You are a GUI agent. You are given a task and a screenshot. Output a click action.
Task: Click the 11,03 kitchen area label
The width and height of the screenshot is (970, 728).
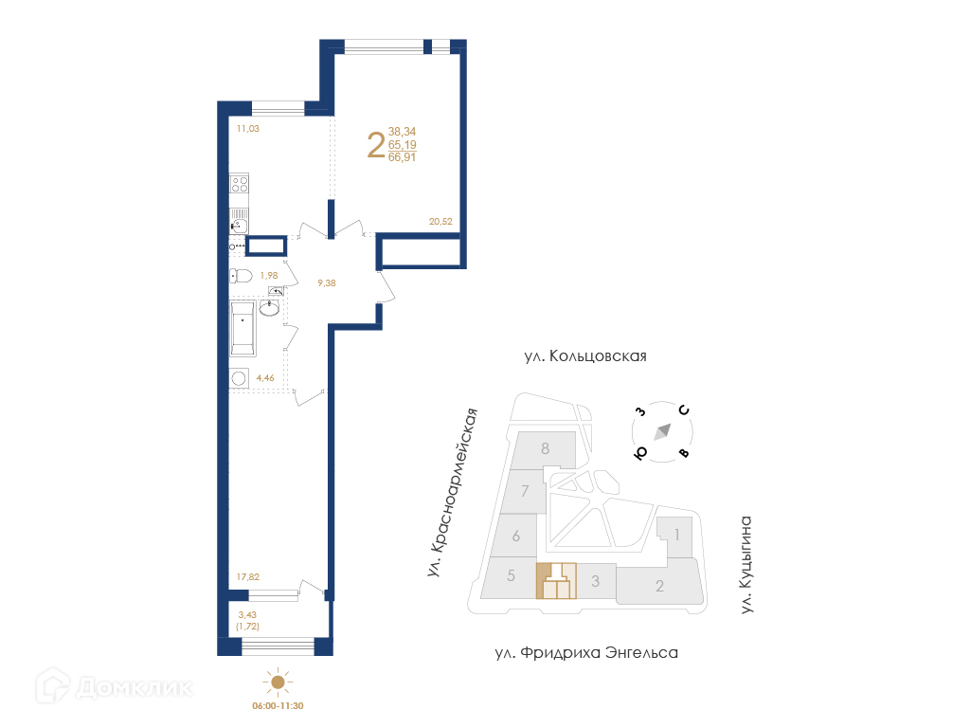coord(248,129)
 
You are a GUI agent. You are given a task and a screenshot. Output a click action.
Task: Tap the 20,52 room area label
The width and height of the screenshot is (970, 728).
coord(440,221)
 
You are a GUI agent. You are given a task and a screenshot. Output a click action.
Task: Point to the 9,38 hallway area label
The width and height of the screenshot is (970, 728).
coord(327,282)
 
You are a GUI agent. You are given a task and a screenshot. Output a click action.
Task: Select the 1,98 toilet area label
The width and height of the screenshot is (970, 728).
coord(268,276)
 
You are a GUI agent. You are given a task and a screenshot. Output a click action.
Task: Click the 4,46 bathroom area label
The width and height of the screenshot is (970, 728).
coord(265,377)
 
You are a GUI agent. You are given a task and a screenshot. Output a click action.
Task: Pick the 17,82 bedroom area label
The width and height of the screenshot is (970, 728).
coord(248,577)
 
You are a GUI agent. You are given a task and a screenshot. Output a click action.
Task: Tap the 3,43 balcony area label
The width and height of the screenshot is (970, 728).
coord(247,614)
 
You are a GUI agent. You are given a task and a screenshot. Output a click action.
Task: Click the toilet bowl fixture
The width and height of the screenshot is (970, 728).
coord(240,276)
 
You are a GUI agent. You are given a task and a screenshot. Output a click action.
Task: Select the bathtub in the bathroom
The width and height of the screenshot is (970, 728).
coord(242,329)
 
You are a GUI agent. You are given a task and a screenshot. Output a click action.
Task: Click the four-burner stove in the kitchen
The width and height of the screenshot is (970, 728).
coord(239,183)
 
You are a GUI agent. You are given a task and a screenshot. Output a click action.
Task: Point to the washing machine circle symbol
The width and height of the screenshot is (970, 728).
coord(238,378)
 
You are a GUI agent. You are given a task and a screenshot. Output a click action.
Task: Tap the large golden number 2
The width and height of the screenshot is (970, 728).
coord(376,145)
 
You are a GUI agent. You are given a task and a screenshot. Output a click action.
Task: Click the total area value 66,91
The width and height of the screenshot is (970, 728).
coord(402,157)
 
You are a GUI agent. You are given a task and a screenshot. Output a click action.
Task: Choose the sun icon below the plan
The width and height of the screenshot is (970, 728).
coord(278,682)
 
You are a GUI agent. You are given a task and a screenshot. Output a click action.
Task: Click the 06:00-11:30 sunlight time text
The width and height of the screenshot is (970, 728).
coord(278,705)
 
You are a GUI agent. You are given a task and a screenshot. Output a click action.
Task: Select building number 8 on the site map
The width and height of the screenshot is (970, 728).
coord(545,448)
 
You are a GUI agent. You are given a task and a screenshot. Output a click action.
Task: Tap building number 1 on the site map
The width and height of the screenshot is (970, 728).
coord(677,535)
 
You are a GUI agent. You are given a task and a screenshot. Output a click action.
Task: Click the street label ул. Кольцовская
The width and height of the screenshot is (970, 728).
coord(585,356)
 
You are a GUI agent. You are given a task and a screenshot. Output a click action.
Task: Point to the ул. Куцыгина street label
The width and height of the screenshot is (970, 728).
coord(746,565)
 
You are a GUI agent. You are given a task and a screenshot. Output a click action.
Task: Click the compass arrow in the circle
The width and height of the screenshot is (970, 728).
coord(662,431)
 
